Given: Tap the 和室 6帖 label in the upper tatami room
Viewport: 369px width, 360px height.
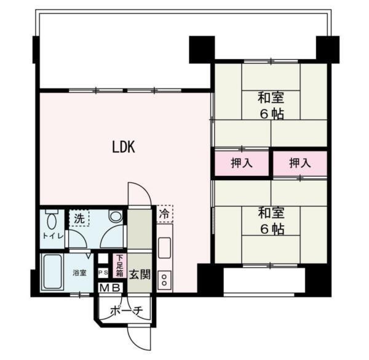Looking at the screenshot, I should [x=270, y=105].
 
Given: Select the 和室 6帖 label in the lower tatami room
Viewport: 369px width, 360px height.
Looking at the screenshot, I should [x=270, y=221].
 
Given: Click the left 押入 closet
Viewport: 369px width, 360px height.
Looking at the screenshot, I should [x=241, y=163].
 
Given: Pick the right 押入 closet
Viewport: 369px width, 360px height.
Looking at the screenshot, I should [x=300, y=163].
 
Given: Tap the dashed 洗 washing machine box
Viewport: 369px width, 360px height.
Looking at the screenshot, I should [x=79, y=218].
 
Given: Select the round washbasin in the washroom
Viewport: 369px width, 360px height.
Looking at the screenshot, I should [x=115, y=217].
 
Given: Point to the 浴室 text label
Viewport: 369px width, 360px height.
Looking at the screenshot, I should [x=79, y=272].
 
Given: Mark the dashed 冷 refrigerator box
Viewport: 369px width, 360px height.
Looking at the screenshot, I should [x=164, y=213].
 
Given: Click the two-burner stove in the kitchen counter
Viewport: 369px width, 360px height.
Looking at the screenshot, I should [x=164, y=279].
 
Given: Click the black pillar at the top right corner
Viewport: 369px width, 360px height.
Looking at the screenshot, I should [x=327, y=49].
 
